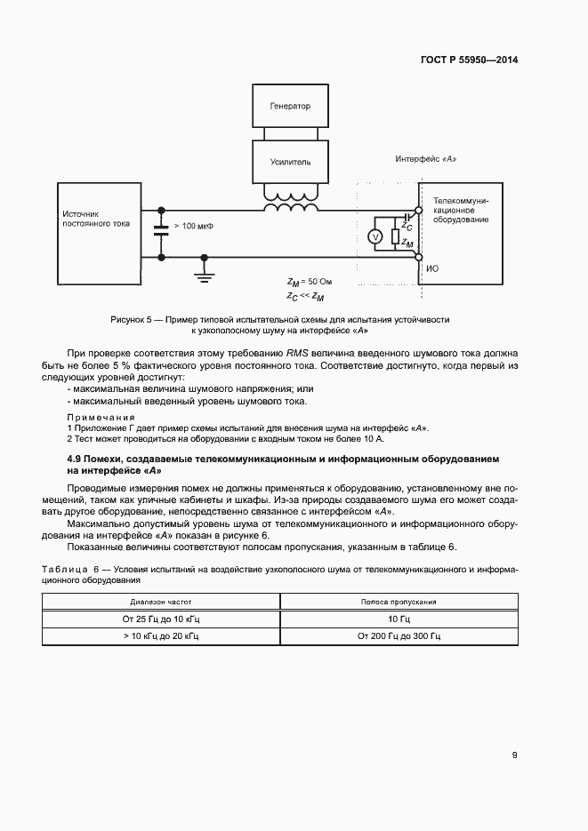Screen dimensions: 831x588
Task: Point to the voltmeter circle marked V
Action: [375, 236]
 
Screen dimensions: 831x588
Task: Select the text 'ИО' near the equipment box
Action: [432, 268]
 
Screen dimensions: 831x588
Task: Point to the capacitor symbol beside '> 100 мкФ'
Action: [161, 227]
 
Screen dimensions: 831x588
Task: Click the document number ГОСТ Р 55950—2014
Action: [469, 60]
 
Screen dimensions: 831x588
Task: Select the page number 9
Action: [515, 755]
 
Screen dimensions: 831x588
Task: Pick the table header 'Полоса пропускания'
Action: [399, 602]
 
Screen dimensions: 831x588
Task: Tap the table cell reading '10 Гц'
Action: [399, 619]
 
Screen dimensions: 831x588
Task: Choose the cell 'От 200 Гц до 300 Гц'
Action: [399, 637]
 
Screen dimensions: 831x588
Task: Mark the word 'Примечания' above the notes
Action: [101, 417]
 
